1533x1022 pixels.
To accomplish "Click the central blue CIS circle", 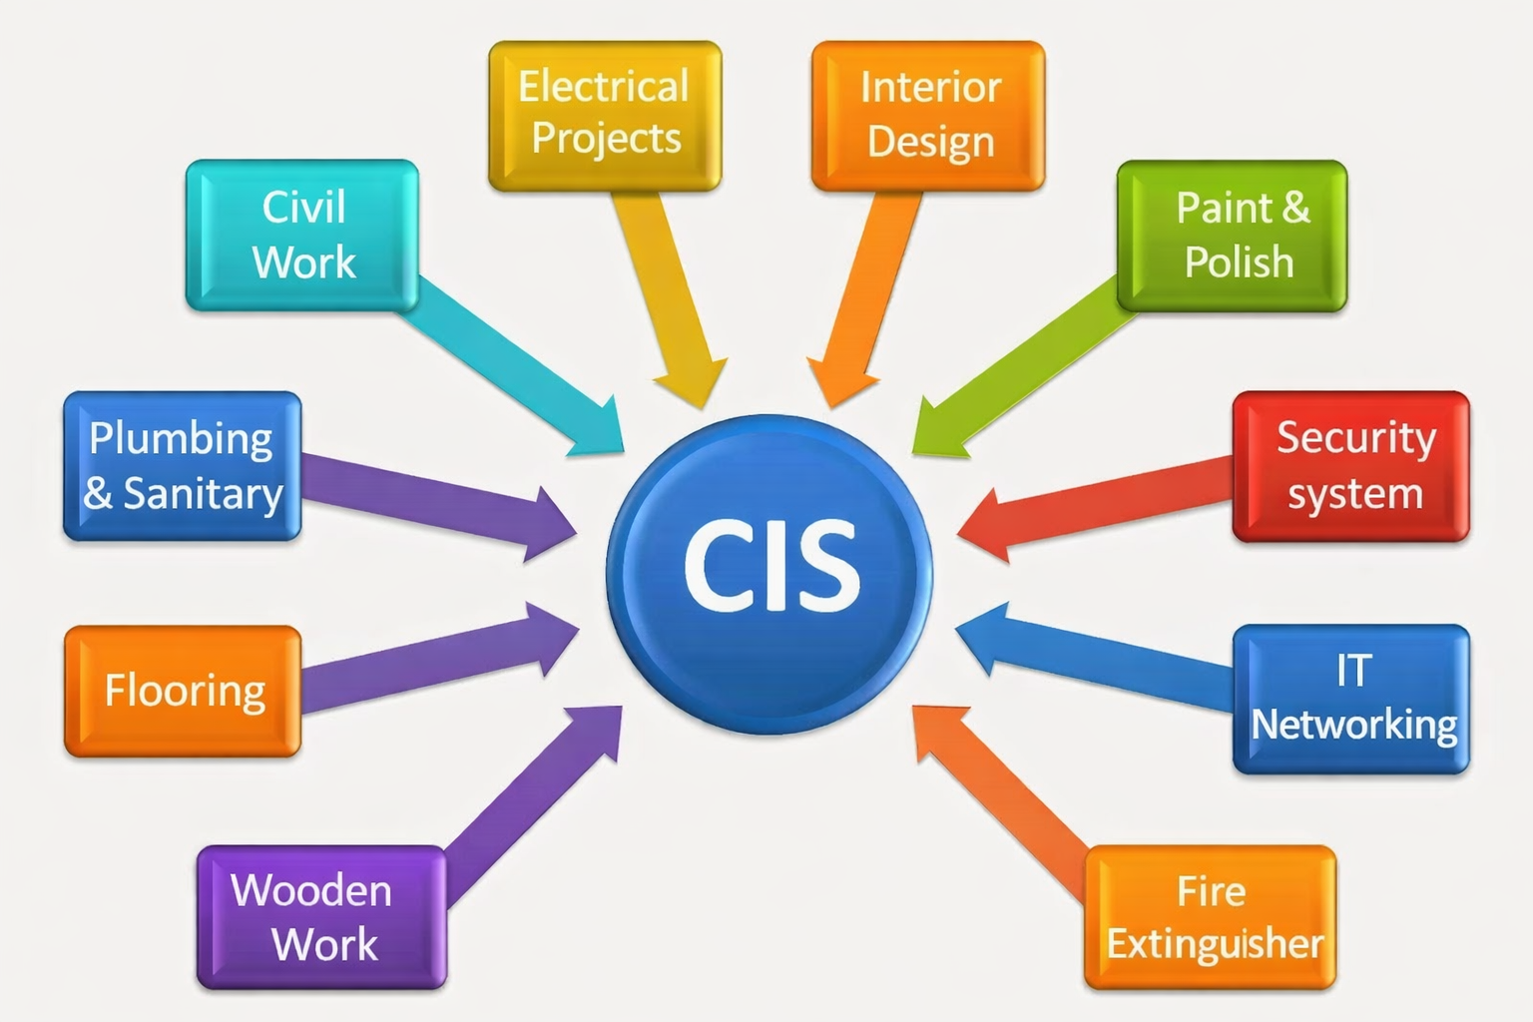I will click(x=769, y=574).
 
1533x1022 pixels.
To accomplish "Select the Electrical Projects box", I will click(x=605, y=115).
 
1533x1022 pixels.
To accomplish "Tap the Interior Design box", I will click(x=928, y=115).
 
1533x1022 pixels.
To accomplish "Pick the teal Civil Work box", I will click(x=302, y=235).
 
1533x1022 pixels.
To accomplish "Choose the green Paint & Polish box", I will click(x=1232, y=236).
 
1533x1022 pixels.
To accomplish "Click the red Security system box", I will click(x=1350, y=466).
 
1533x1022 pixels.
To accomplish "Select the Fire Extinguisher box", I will click(x=1210, y=917).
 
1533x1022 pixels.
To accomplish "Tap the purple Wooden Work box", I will click(x=321, y=917).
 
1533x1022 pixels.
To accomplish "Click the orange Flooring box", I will click(x=183, y=691).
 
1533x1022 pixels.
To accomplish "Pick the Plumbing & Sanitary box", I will click(x=183, y=466).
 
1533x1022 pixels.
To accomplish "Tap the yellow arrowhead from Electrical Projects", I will click(x=692, y=384).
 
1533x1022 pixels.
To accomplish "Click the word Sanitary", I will click(x=203, y=494).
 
